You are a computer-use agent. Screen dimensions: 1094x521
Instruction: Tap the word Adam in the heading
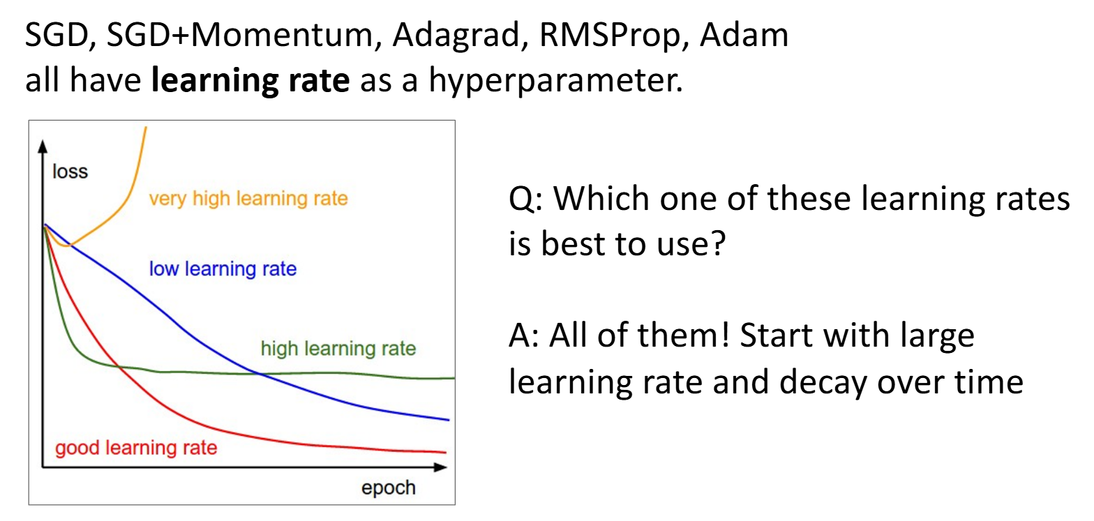pyautogui.click(x=744, y=35)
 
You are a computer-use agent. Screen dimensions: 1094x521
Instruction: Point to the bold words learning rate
pyautogui.click(x=250, y=80)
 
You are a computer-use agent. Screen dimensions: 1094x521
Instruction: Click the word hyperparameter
pyautogui.click(x=556, y=81)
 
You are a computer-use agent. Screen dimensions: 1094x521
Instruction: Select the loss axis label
pyautogui.click(x=70, y=172)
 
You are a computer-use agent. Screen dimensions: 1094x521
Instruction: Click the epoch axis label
pyautogui.click(x=388, y=488)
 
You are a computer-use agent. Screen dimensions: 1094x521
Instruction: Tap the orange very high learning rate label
pyautogui.click(x=248, y=199)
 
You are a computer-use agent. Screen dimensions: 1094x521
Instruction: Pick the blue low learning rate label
pyautogui.click(x=223, y=269)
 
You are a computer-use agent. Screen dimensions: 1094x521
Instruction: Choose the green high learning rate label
pyautogui.click(x=338, y=349)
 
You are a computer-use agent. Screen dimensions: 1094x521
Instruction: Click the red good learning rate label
pyautogui.click(x=136, y=448)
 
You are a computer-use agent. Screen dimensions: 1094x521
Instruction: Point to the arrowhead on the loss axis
pyautogui.click(x=43, y=146)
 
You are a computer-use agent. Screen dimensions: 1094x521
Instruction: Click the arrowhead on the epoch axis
pyautogui.click(x=440, y=468)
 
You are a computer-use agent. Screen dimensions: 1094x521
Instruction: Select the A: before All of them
pyautogui.click(x=523, y=336)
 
